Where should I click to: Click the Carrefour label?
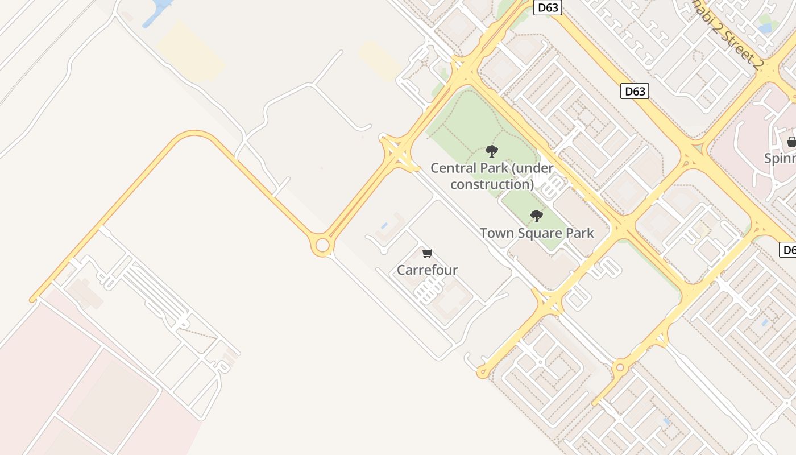(427, 270)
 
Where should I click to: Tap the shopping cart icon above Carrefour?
(428, 253)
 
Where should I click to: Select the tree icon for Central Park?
(492, 151)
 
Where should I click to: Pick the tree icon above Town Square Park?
(536, 216)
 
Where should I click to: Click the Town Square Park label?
(537, 233)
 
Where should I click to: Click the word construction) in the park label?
(492, 184)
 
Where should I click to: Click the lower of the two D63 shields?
(635, 91)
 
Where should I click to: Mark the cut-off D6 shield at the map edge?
(787, 250)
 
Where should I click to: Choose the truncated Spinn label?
(780, 158)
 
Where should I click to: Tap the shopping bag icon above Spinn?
(791, 142)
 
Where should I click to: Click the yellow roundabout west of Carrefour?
(322, 246)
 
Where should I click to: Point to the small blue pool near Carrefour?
(384, 226)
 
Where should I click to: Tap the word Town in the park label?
(495, 233)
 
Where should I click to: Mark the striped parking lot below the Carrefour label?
(426, 291)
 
